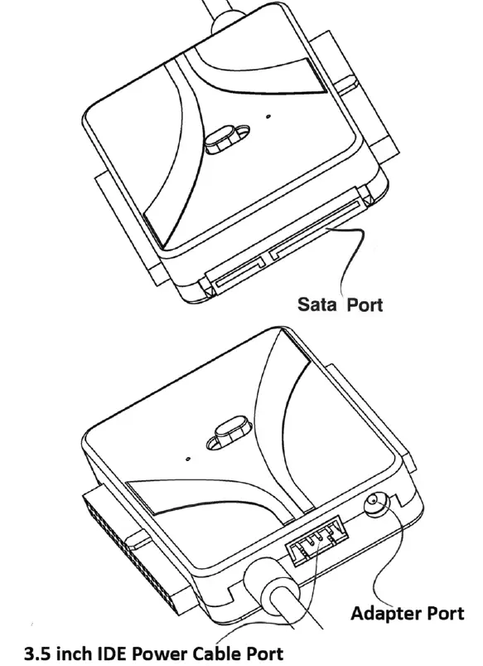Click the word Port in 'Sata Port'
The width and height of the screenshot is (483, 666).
coord(365,304)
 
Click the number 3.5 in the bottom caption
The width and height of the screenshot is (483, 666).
coord(38,653)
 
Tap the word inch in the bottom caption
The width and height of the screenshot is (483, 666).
coord(77,653)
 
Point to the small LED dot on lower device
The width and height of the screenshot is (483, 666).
coord(189,458)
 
